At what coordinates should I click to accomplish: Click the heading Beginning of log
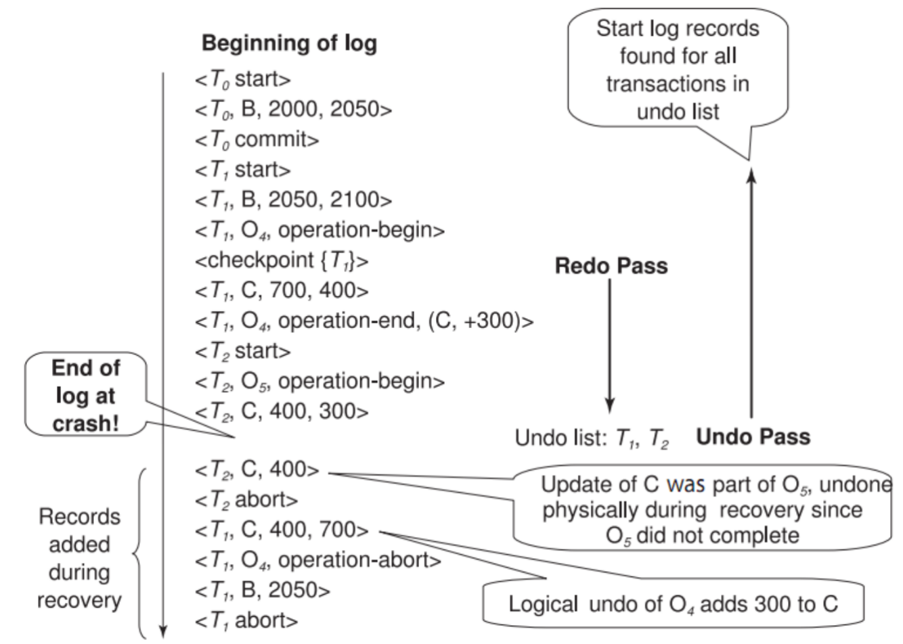289,43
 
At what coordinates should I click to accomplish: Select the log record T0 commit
257,140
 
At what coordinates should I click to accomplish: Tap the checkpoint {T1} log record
282,260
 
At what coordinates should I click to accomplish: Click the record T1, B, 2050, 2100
293,200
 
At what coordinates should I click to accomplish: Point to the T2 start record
242,351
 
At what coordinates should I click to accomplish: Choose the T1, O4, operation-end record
364,321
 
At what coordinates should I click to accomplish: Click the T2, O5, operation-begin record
320,382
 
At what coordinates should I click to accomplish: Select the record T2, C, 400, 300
282,411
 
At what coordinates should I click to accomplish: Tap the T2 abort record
246,500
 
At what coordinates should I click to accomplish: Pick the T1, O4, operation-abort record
318,561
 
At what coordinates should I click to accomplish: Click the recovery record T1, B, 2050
263,591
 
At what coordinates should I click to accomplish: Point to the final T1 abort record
246,621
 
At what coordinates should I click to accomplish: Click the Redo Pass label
611,267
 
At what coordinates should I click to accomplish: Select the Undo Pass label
753,437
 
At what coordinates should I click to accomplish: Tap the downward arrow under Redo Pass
610,346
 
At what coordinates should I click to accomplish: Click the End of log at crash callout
86,394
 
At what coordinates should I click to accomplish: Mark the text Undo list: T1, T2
592,438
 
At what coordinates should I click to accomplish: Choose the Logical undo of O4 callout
674,603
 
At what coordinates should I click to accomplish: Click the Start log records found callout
678,68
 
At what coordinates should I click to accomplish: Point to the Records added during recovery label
79,559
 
